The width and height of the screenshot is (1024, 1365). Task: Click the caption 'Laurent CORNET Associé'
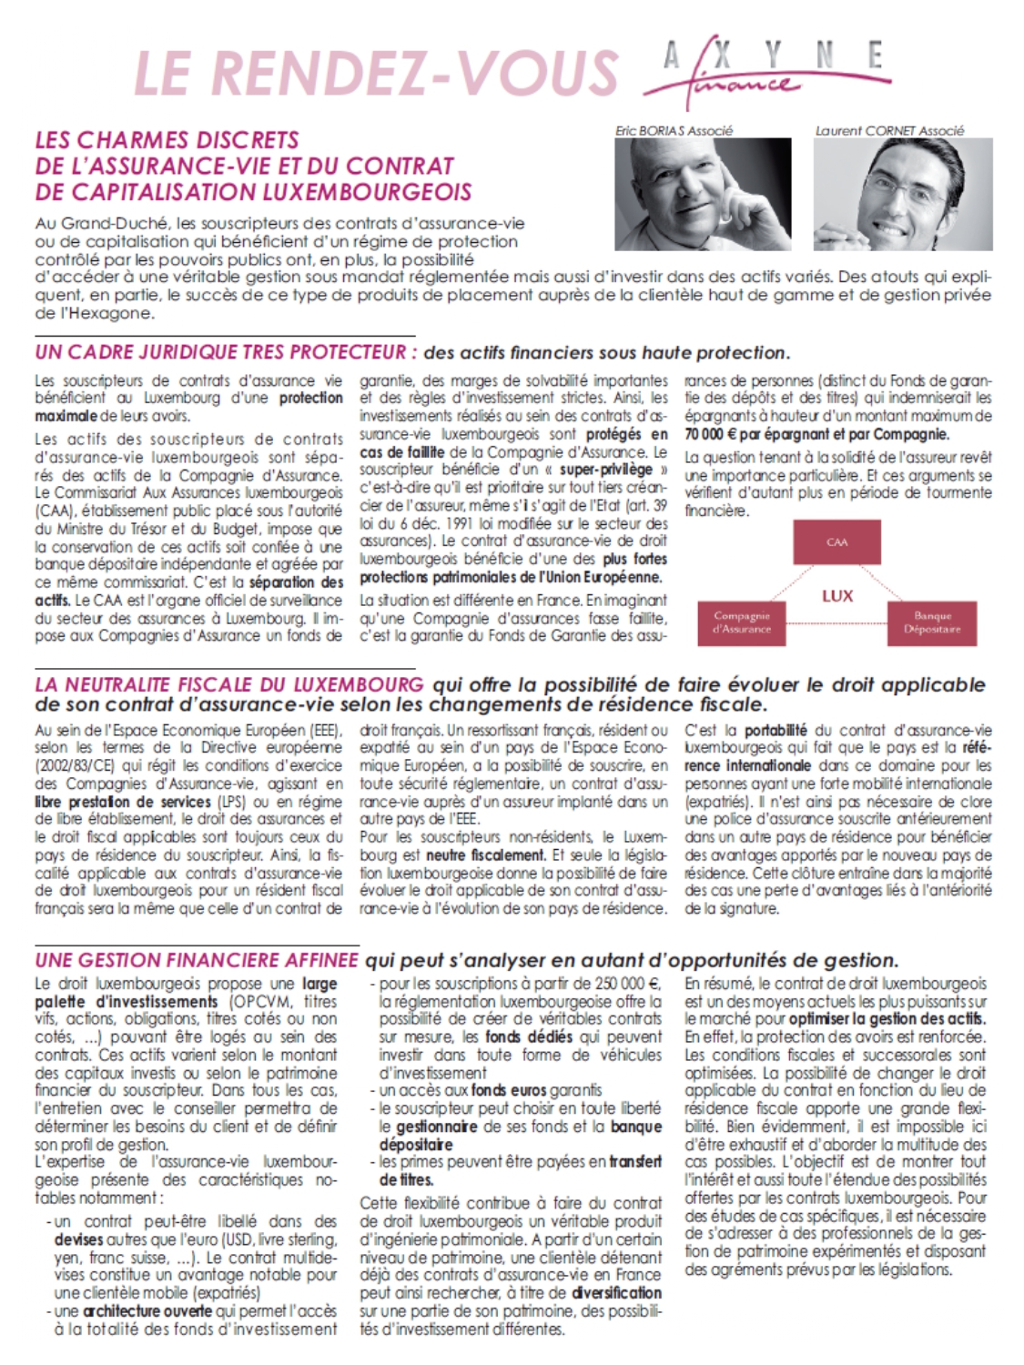click(x=888, y=131)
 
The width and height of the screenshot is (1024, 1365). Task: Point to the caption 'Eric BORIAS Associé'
click(x=674, y=131)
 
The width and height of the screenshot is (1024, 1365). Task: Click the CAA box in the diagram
click(x=836, y=542)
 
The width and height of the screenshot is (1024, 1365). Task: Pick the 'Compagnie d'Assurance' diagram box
click(x=742, y=622)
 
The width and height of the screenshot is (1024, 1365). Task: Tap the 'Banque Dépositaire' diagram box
click(x=931, y=622)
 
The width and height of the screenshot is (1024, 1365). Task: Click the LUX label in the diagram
click(x=836, y=596)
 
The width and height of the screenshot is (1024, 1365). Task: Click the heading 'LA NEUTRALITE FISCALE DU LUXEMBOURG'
click(x=229, y=684)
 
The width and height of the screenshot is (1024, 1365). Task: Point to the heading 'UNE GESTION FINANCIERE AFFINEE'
click(x=197, y=960)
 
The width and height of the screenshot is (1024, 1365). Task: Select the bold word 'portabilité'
click(x=776, y=730)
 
